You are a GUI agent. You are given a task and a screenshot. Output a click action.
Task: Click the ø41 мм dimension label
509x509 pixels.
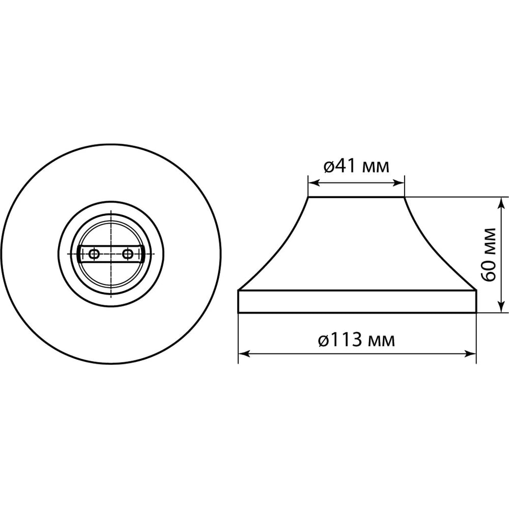(x=356, y=166)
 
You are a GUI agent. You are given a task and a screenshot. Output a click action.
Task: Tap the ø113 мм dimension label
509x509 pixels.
(x=356, y=340)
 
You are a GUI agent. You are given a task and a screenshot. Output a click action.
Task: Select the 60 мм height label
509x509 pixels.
(x=489, y=255)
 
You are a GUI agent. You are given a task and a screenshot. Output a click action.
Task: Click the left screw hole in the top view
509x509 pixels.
(x=94, y=254)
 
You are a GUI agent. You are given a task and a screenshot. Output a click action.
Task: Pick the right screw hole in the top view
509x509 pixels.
(x=128, y=254)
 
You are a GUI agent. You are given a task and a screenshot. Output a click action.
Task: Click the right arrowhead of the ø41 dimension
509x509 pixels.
(x=399, y=183)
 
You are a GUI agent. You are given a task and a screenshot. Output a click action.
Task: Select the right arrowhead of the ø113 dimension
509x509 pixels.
(x=470, y=354)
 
